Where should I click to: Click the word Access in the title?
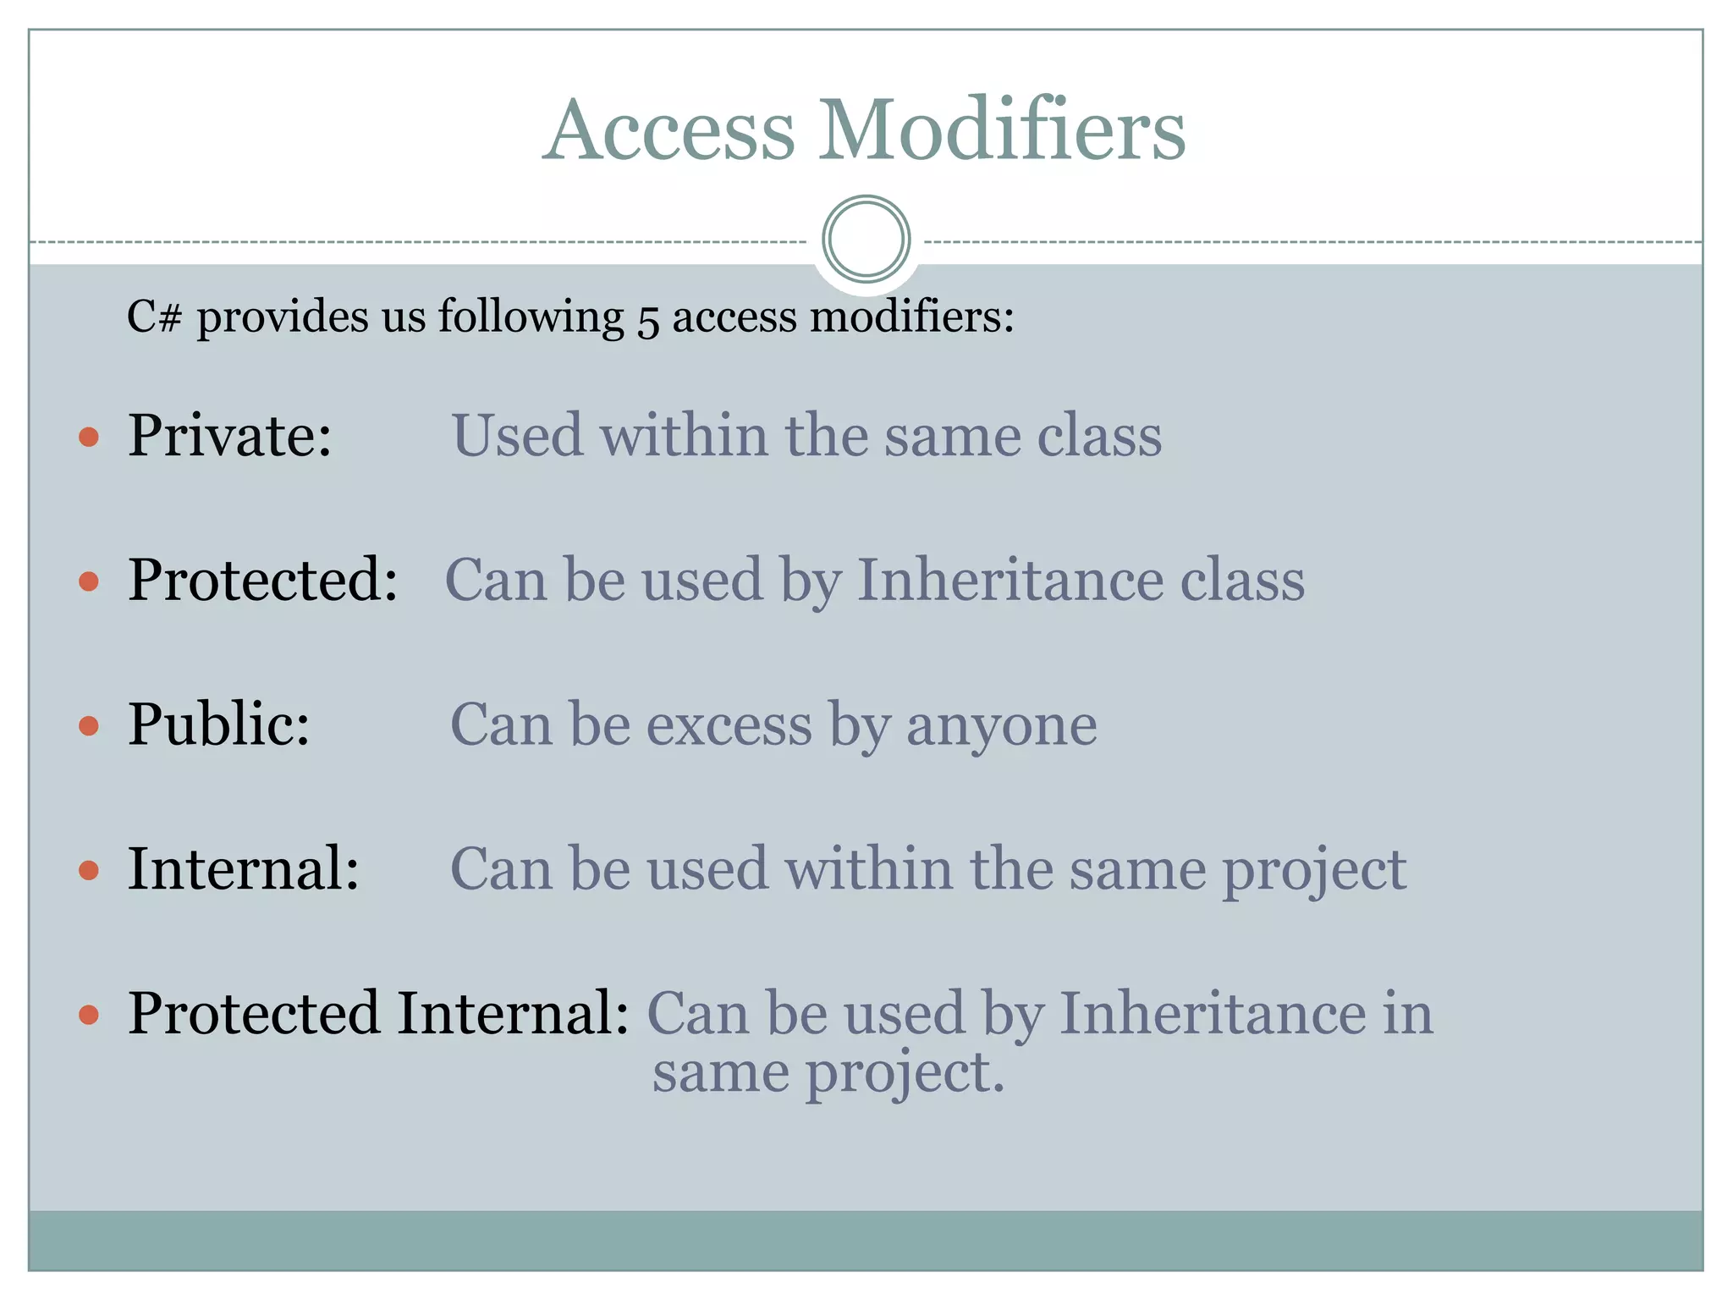click(669, 130)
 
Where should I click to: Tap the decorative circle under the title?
click(866, 239)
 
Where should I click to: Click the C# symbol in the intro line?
click(154, 317)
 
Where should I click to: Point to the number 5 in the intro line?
click(647, 320)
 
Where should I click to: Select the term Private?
click(229, 435)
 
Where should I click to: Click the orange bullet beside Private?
click(89, 437)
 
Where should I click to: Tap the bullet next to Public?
click(89, 726)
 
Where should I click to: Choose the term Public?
click(219, 724)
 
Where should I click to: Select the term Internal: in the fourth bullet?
click(244, 869)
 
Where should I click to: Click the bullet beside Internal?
click(89, 870)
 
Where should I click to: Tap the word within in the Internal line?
click(868, 869)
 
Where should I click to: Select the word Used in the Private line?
click(517, 435)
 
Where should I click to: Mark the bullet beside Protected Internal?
click(89, 1015)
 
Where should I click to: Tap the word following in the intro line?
click(531, 317)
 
